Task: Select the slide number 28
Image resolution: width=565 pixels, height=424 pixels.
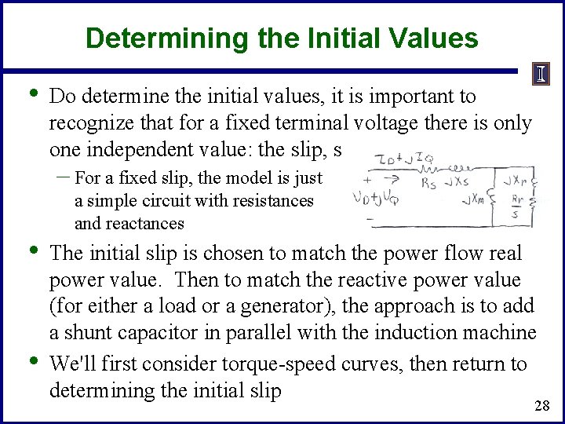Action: tap(541, 405)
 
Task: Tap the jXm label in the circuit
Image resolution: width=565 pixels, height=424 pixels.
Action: tap(476, 202)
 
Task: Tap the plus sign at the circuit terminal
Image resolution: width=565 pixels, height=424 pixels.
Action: tap(367, 178)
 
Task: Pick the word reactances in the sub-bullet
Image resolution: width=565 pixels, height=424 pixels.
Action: tap(129, 223)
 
